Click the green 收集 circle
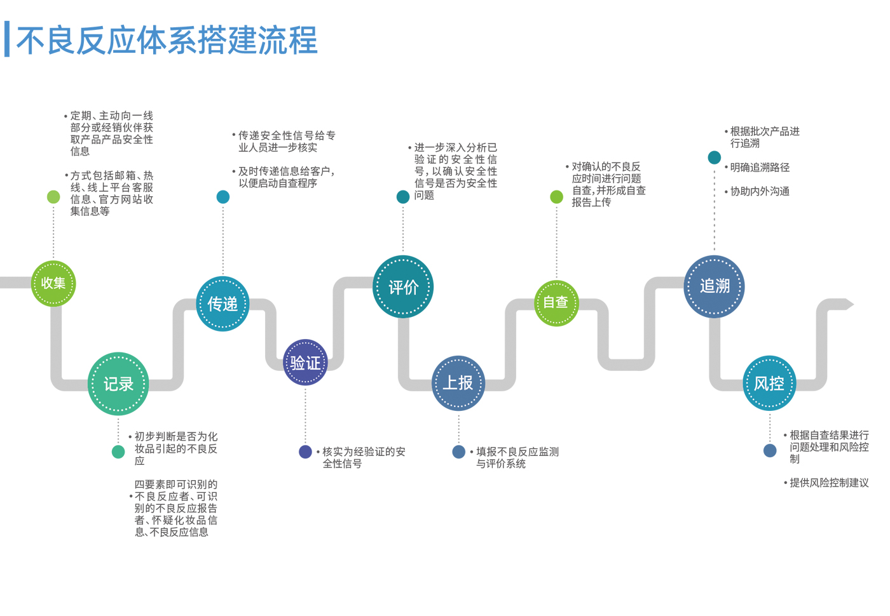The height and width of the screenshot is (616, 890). click(53, 283)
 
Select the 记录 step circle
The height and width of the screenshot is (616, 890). click(118, 384)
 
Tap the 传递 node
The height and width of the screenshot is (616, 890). click(222, 304)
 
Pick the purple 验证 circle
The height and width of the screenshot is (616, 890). click(305, 363)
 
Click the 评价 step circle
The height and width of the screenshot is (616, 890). click(403, 287)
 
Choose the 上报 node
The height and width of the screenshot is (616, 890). click(458, 383)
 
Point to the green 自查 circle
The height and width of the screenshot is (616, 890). click(556, 303)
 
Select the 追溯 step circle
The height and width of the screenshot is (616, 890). click(715, 286)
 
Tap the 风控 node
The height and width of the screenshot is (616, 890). click(769, 383)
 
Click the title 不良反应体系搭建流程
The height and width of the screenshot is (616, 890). click(167, 41)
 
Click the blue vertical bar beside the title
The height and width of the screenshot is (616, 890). click(7, 39)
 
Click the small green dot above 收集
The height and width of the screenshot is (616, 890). click(53, 197)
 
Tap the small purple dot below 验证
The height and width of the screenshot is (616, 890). click(305, 452)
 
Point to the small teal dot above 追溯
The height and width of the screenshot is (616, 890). click(715, 157)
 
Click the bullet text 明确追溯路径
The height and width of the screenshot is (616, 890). click(760, 168)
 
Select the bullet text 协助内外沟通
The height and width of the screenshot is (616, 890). click(760, 191)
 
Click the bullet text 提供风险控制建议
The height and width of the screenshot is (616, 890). click(829, 483)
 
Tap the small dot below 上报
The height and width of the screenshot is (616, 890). click(458, 452)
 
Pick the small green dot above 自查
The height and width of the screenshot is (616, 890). click(556, 197)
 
